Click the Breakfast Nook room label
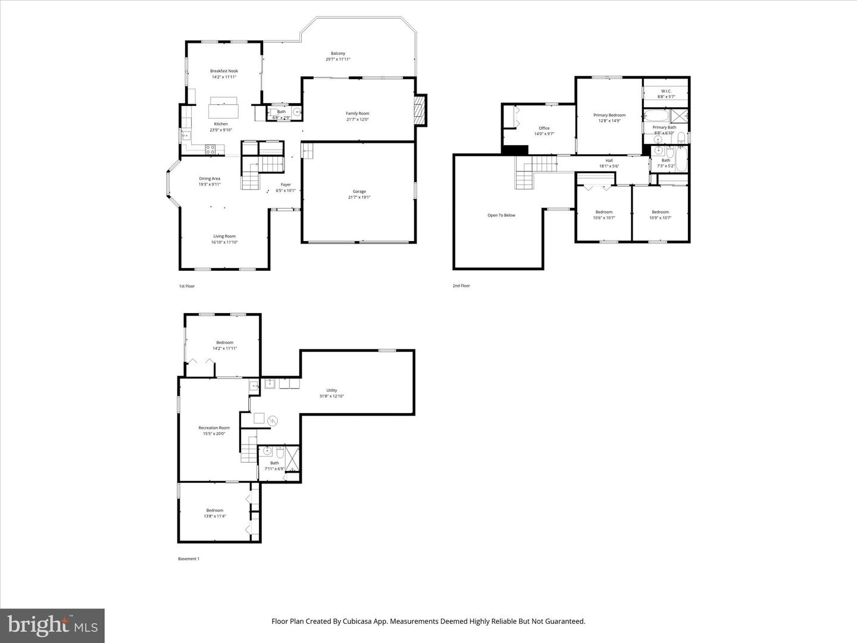pyautogui.click(x=224, y=71)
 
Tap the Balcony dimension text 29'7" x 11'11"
pyautogui.click(x=337, y=60)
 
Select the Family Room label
pyautogui.click(x=357, y=113)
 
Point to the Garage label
pyautogui.click(x=359, y=191)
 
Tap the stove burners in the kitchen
pyautogui.click(x=211, y=150)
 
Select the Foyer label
pyautogui.click(x=286, y=185)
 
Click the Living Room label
pyautogui.click(x=224, y=236)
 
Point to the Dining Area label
pyautogui.click(x=209, y=179)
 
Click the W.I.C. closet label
pyautogui.click(x=666, y=91)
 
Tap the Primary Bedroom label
pyautogui.click(x=609, y=115)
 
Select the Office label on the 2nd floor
pyautogui.click(x=544, y=128)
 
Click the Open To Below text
pyautogui.click(x=501, y=215)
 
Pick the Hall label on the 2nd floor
pyautogui.click(x=609, y=160)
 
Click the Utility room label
pyautogui.click(x=331, y=391)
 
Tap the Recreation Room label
pyautogui.click(x=214, y=427)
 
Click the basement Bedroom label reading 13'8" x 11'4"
pyautogui.click(x=215, y=510)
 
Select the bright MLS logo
pyautogui.click(x=52, y=625)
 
